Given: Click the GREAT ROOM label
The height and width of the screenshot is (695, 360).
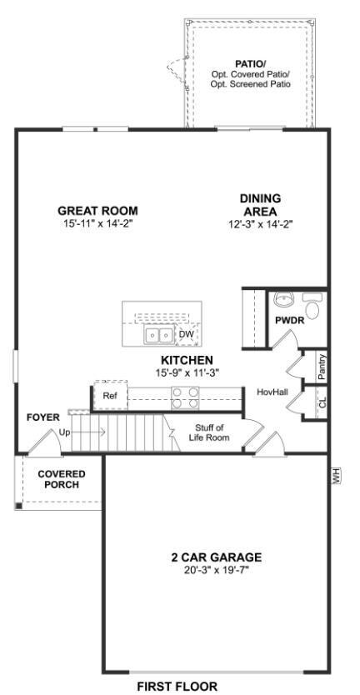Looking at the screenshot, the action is tap(98, 211).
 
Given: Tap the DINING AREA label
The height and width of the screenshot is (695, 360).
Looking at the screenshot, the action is tap(260, 204).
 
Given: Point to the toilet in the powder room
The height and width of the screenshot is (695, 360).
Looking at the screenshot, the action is tap(312, 307).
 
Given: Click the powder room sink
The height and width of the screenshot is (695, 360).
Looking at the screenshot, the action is tap(282, 299).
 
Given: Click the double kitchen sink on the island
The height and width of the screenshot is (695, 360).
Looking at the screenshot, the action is tap(158, 336).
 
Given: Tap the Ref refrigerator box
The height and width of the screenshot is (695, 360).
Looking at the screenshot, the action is tap(109, 396).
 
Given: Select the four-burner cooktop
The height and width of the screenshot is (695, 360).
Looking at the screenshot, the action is tap(185, 397).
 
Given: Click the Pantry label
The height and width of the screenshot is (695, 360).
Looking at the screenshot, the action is tap(322, 366).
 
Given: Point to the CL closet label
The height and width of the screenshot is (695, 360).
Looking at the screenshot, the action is tap(322, 402).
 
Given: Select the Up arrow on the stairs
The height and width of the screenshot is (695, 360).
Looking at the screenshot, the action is tap(82, 432).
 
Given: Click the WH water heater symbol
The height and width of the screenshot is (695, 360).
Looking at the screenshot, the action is tap(336, 477).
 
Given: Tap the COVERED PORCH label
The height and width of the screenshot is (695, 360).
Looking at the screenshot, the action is tap(61, 480).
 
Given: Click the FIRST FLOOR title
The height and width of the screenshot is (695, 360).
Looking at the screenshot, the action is tap(177, 687).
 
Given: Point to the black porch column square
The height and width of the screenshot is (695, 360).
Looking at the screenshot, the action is tap(18, 506).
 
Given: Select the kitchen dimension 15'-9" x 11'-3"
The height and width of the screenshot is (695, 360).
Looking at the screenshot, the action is tap(187, 372).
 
